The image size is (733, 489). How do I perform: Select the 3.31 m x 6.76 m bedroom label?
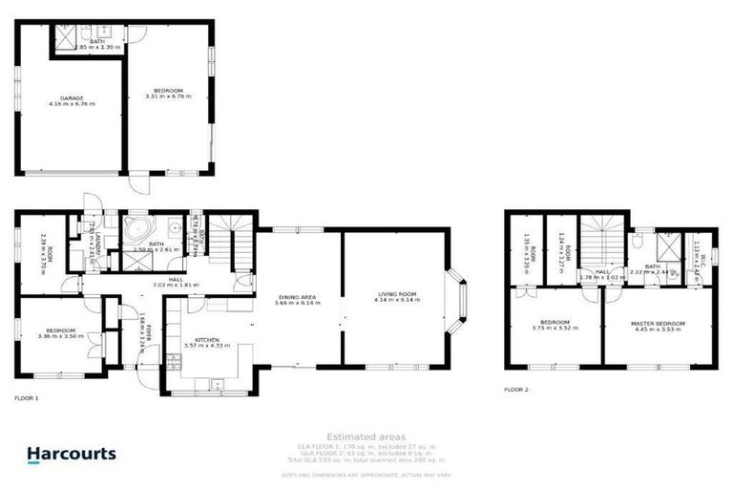pyautogui.click(x=168, y=94)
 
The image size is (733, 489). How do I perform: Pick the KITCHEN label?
pyautogui.click(x=207, y=341)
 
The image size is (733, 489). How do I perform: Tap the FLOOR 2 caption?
pyautogui.click(x=515, y=390)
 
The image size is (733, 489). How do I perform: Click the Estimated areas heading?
pyautogui.click(x=366, y=436)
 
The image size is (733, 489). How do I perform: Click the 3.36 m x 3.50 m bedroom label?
pyautogui.click(x=60, y=333)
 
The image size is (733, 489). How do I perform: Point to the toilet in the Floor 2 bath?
pyautogui.click(x=638, y=244)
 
